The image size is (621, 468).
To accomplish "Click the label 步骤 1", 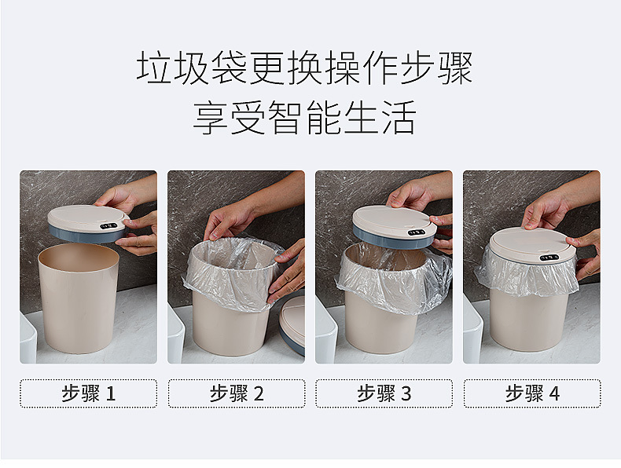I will pos(88,393).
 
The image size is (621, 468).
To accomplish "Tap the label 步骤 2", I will pos(236,393).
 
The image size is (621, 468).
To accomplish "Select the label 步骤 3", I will pos(384,393).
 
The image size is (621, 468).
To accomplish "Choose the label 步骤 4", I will pos(531,393).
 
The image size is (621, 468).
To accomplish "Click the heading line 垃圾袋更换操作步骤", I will pos(305,68).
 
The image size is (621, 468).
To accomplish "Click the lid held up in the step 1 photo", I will pos(86,222).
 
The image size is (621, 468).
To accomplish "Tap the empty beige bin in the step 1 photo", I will pos(79,302).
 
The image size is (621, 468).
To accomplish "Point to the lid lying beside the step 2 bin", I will pos(293,322).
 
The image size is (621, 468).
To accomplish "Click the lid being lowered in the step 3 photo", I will pos(393,225).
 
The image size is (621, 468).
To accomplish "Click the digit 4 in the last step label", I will pos(554,394).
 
